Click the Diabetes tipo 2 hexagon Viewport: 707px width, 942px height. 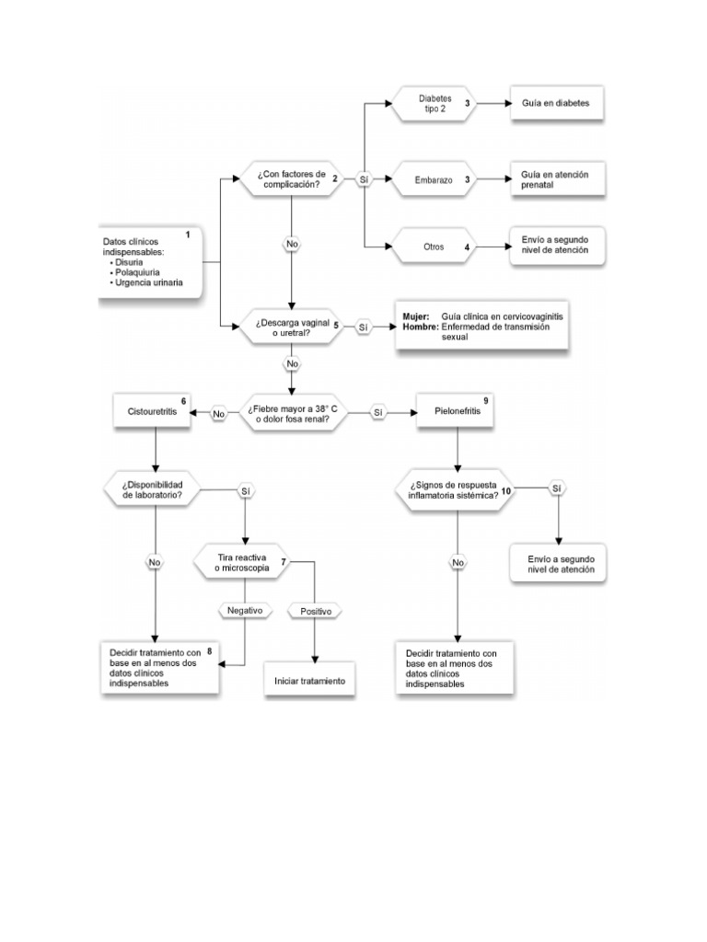tap(435, 103)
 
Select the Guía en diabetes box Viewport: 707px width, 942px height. tap(556, 104)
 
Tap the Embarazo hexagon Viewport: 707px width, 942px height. tap(435, 180)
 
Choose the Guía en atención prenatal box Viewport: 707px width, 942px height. tap(556, 179)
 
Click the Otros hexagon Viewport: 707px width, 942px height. tap(435, 247)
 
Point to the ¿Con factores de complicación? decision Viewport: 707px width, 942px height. tap(292, 178)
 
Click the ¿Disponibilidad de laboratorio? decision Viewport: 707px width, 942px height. tap(154, 489)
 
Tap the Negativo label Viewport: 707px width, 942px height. tap(245, 610)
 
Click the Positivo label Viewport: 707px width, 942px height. tap(316, 610)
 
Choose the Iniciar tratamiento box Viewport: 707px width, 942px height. tap(309, 681)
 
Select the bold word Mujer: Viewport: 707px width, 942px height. tap(416, 316)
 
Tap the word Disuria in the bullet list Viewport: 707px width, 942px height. tap(131, 262)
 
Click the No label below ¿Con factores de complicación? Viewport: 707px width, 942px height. tap(292, 245)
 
